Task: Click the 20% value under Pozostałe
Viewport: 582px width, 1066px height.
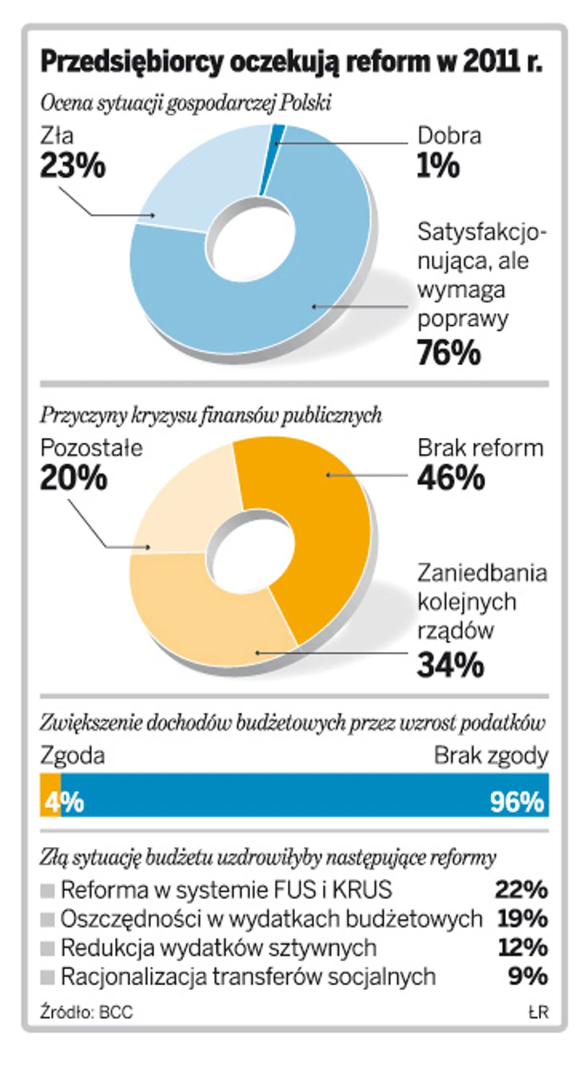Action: tap(73, 478)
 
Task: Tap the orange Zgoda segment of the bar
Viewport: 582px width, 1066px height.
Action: tap(50, 795)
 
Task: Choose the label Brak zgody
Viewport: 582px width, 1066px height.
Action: tap(491, 756)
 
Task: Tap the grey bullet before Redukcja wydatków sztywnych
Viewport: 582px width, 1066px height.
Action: tap(48, 947)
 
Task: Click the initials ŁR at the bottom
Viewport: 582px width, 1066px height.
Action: tap(538, 1012)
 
